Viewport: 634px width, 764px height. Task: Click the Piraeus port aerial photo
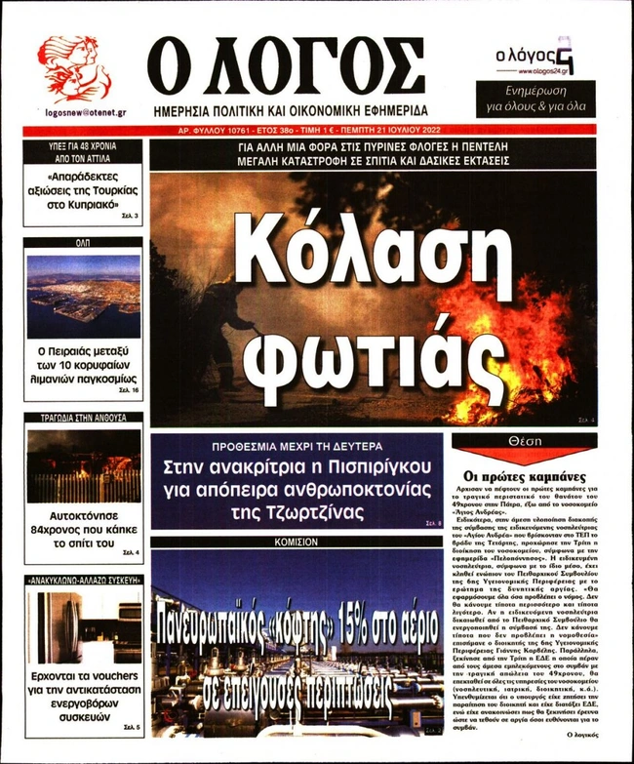coord(83,296)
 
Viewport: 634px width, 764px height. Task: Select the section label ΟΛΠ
coord(83,242)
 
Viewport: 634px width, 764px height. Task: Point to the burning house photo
coord(83,466)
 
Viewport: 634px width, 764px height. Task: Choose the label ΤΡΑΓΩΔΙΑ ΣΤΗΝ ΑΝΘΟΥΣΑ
coord(83,418)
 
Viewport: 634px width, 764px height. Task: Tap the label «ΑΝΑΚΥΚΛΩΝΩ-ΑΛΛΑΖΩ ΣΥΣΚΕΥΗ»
coord(83,580)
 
